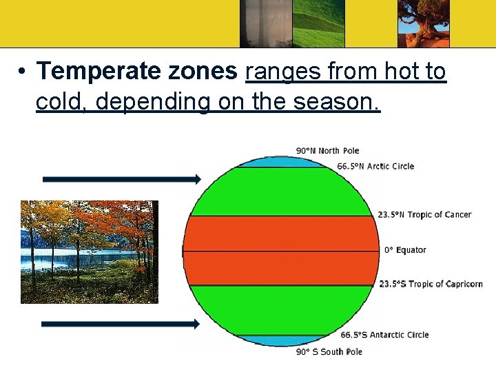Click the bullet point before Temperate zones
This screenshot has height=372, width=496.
(23, 72)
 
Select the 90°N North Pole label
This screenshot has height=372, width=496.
(327, 151)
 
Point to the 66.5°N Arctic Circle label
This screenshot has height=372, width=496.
(375, 166)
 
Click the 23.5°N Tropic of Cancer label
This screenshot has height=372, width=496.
(424, 214)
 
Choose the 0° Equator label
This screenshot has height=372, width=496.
(405, 250)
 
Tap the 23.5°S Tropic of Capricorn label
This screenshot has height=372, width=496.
(430, 284)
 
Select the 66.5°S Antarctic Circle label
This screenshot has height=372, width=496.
(384, 335)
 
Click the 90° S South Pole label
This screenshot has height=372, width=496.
(329, 352)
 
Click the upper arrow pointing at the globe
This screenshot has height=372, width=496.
(121, 179)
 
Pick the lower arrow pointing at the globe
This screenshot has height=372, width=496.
(121, 324)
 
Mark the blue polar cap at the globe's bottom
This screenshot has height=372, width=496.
(282, 340)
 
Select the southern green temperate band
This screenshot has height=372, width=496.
(282, 309)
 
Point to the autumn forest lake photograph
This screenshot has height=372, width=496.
(89, 251)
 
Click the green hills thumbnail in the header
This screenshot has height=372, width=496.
(318, 23)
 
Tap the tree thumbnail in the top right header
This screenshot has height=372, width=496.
(423, 23)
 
